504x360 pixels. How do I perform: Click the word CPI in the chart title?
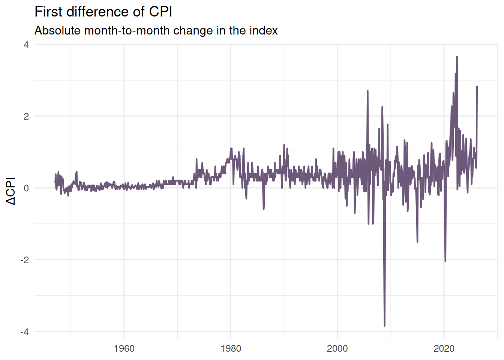pyautogui.click(x=160, y=12)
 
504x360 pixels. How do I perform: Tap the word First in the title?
pyautogui.click(x=49, y=12)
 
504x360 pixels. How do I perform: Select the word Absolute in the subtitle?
pyautogui.click(x=58, y=30)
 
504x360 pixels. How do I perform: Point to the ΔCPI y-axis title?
pyautogui.click(x=11, y=191)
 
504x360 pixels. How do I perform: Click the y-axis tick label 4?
pyautogui.click(x=26, y=45)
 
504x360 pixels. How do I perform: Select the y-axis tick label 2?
pyautogui.click(x=26, y=116)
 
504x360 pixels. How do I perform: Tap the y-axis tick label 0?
pyautogui.click(x=26, y=188)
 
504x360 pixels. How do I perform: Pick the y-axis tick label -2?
pyautogui.click(x=24, y=260)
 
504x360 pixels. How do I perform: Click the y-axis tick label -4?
pyautogui.click(x=24, y=331)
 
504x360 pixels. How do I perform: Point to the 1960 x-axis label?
pyautogui.click(x=124, y=349)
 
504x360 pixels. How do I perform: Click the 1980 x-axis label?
pyautogui.click(x=231, y=349)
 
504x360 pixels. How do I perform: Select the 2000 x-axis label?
pyautogui.click(x=337, y=349)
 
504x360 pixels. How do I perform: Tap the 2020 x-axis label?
pyautogui.click(x=444, y=349)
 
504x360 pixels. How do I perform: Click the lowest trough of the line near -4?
pyautogui.click(x=384, y=325)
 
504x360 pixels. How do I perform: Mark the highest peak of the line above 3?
pyautogui.click(x=457, y=57)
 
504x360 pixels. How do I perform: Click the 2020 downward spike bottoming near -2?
pyautogui.click(x=445, y=261)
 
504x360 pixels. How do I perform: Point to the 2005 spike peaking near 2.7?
pyautogui.click(x=367, y=91)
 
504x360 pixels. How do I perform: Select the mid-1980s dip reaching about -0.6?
pyautogui.click(x=264, y=209)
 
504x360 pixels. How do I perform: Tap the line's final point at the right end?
pyautogui.click(x=477, y=87)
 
